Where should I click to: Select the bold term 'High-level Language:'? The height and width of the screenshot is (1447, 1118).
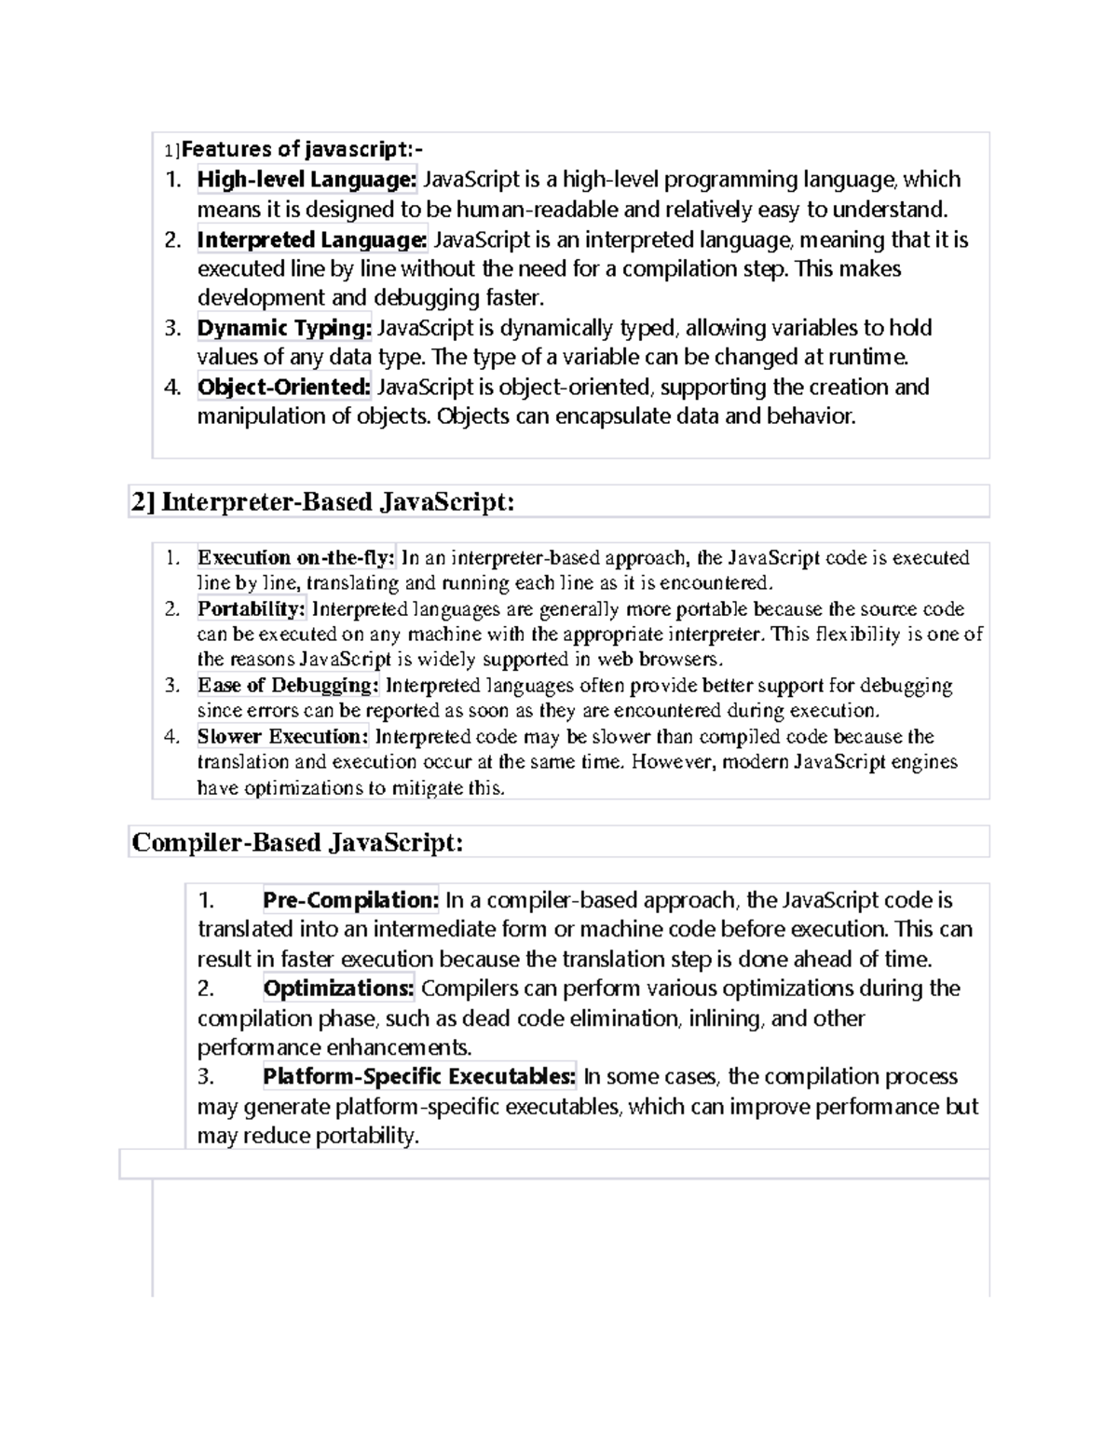click(307, 179)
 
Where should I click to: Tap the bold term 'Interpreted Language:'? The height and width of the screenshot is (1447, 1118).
click(312, 239)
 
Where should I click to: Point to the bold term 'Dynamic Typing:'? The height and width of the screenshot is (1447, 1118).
click(284, 328)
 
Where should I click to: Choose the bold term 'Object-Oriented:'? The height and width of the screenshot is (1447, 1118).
click(284, 387)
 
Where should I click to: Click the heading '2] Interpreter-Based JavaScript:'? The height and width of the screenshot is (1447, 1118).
click(322, 502)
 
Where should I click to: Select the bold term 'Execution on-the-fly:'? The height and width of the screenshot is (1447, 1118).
click(296, 558)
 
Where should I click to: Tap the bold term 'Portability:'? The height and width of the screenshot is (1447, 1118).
click(252, 609)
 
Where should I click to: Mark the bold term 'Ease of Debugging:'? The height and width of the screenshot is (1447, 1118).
click(288, 686)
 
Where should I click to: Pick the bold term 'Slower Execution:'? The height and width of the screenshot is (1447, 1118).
click(283, 737)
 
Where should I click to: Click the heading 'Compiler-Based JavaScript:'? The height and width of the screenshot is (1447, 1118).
click(297, 842)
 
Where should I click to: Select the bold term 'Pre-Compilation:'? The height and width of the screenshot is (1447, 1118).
click(350, 900)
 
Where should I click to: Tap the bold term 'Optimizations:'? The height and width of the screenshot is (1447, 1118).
click(338, 988)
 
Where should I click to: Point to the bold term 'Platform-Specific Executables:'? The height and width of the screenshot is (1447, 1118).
click(419, 1076)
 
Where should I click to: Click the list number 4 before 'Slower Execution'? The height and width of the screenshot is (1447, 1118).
click(171, 737)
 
